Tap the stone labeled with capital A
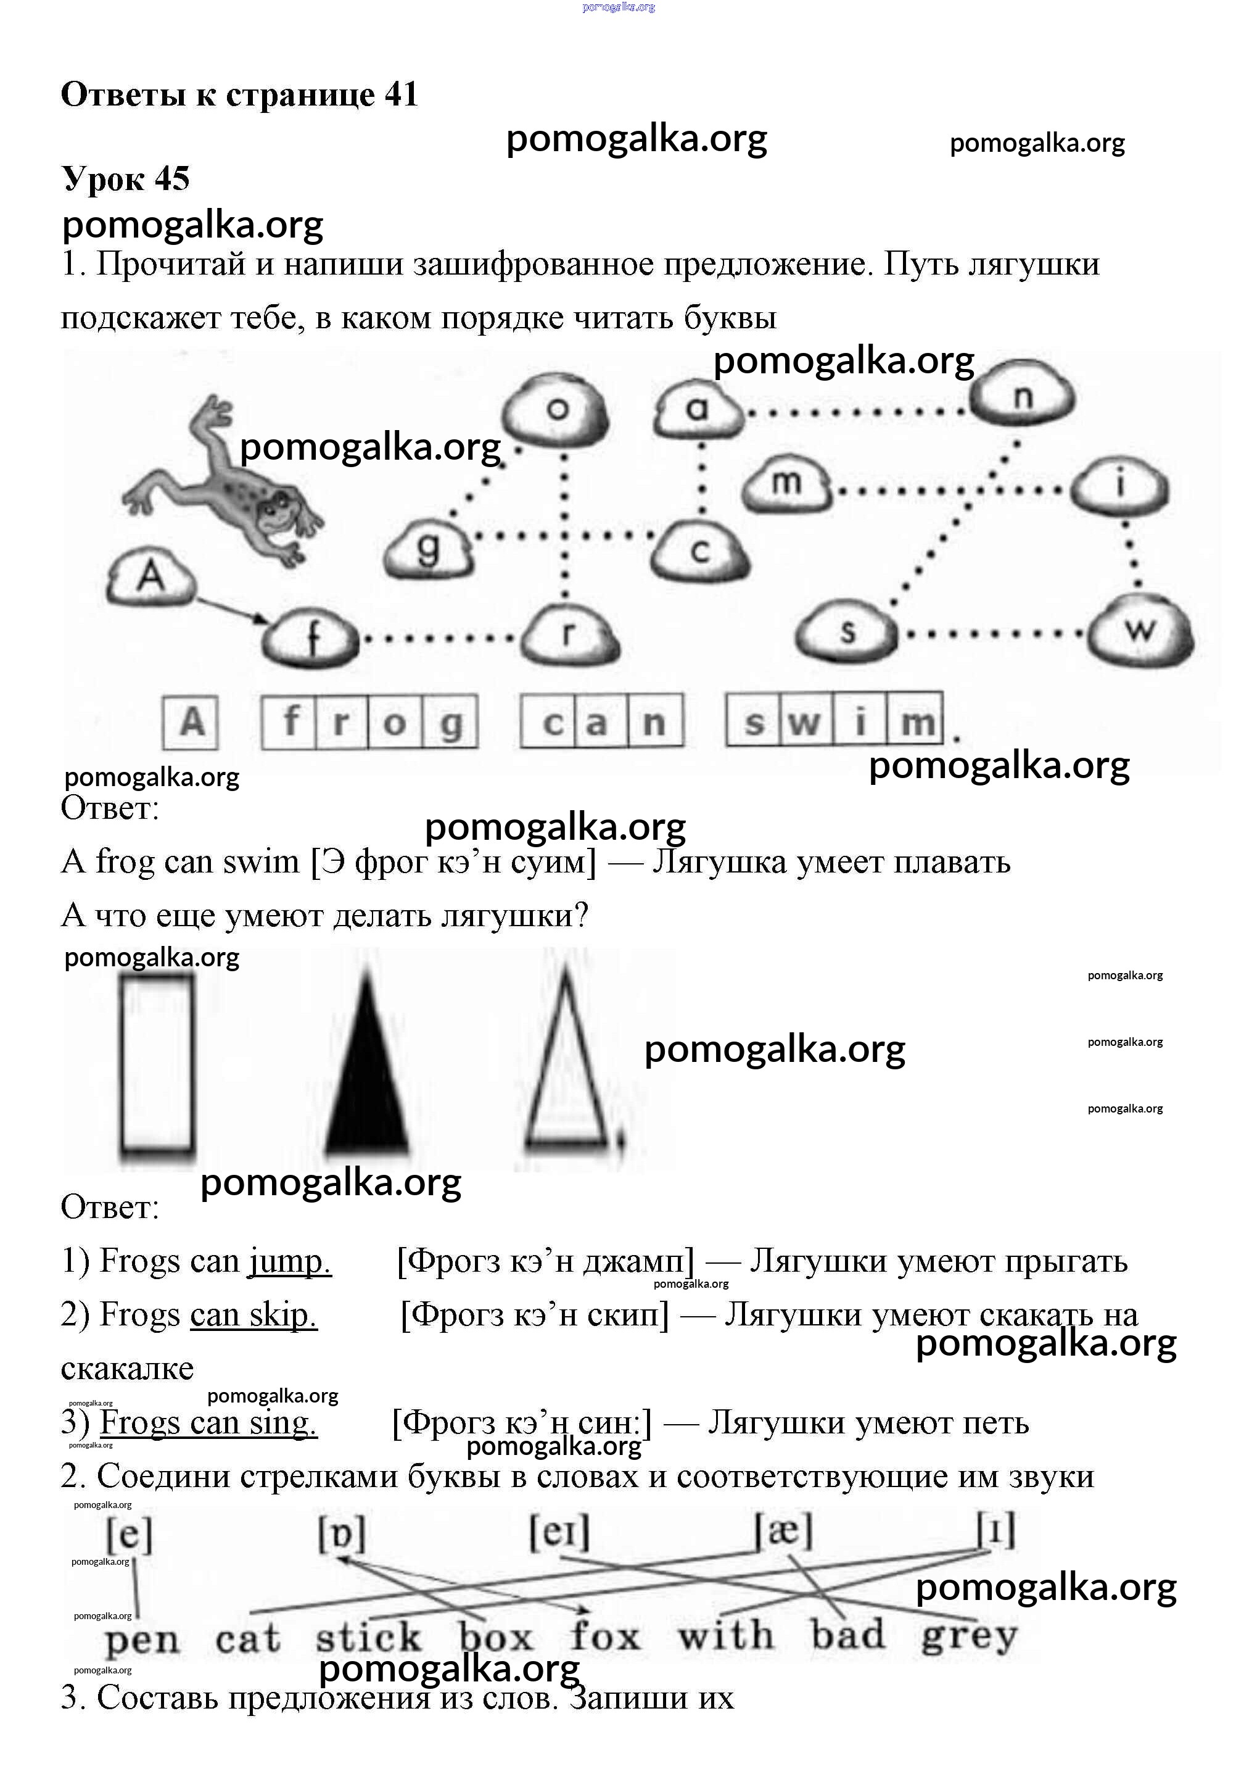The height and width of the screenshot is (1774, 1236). click(151, 577)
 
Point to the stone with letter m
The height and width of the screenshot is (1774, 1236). click(786, 484)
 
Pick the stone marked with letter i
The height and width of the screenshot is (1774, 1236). click(1121, 486)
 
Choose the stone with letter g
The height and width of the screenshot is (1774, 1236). click(429, 549)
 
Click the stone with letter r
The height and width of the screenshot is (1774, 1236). click(569, 634)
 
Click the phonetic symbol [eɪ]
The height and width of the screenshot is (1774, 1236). click(559, 1532)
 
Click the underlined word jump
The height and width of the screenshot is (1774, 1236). click(290, 1262)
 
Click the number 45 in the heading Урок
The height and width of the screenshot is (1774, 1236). click(171, 178)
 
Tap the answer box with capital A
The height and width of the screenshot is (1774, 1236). click(191, 723)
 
